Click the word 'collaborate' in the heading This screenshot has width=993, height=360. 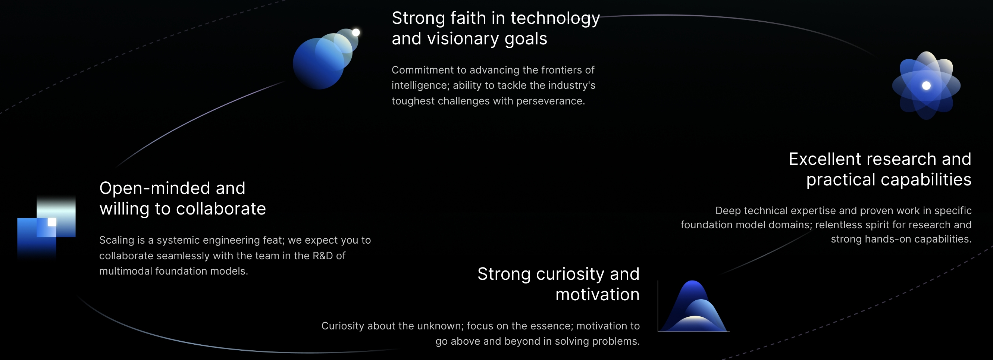click(x=220, y=209)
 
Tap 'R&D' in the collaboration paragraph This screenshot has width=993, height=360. click(x=323, y=256)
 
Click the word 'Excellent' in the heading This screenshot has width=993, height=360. click(x=824, y=159)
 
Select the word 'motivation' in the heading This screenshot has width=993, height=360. click(x=598, y=294)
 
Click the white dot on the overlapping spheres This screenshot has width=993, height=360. click(x=356, y=33)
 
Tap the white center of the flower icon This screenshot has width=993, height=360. click(x=926, y=85)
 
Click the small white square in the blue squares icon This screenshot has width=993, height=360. click(x=52, y=222)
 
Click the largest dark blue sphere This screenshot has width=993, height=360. click(x=319, y=63)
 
